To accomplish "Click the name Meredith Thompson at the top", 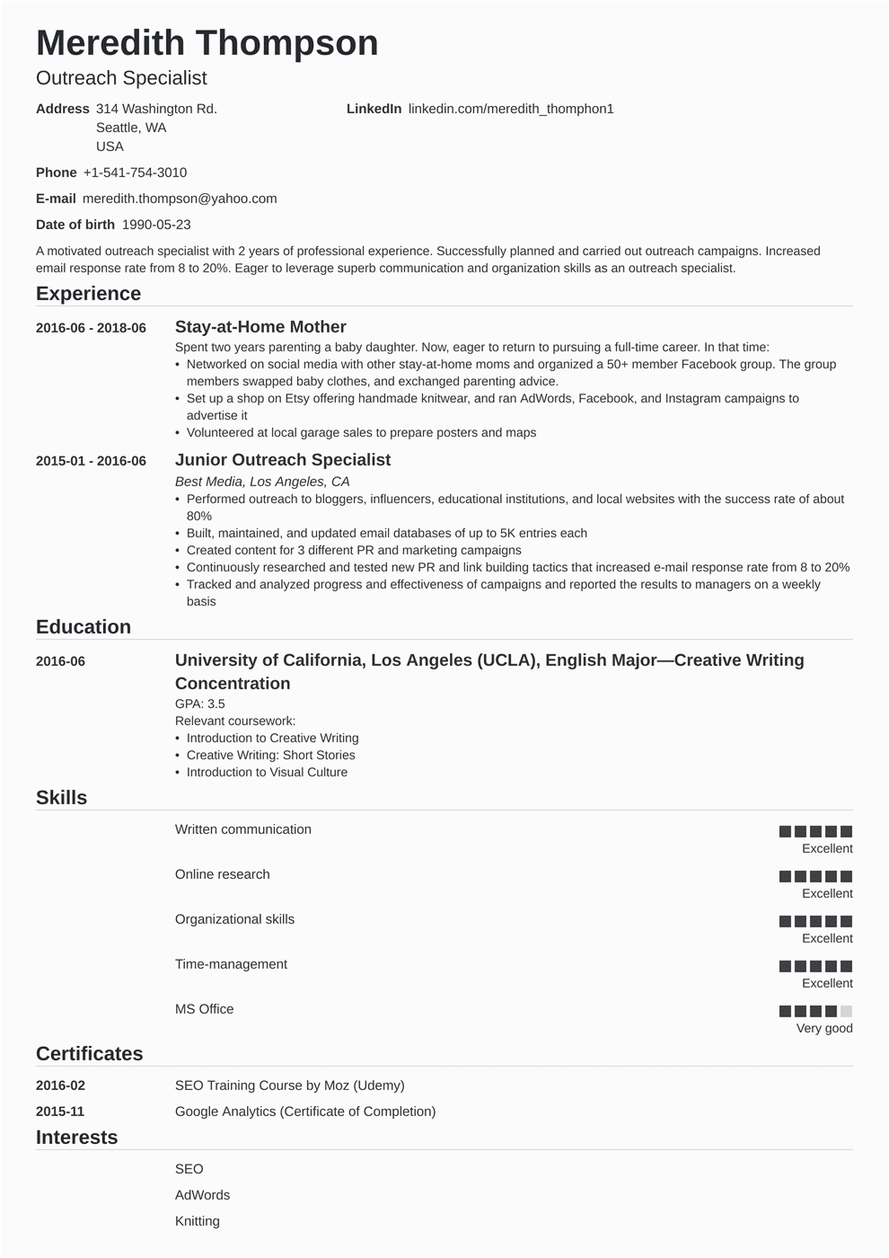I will pos(207,43).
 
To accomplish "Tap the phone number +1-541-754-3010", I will pos(135,173).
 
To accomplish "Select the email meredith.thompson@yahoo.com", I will pos(180,199).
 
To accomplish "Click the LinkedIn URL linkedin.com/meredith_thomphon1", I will pos(511,109).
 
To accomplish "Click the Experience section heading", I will pos(88,294).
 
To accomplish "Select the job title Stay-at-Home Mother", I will pos(260,327).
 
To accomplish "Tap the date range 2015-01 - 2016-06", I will pos(91,461).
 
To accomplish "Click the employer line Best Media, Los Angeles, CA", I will pos(262,482).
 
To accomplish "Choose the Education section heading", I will pos(84,627).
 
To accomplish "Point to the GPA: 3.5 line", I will pos(199,704).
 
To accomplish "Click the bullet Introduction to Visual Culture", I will pos(267,772).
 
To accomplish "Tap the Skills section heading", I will pos(61,798).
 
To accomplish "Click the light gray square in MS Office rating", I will pos(846,1011).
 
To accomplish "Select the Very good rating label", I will pos(824,1028).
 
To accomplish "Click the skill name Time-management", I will pos(231,964).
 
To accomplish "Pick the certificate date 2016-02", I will pos(60,1085).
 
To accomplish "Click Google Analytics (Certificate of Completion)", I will pos(305,1112).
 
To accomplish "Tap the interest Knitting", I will pos(198,1221).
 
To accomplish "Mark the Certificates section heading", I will pos(90,1054).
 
